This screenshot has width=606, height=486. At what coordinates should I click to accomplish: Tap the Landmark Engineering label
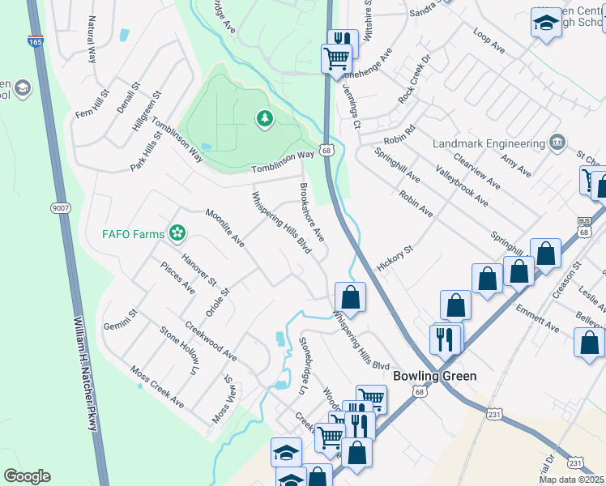click(489, 143)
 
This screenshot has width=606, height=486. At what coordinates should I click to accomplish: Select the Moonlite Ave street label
click(224, 228)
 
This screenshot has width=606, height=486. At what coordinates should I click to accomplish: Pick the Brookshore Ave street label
click(312, 212)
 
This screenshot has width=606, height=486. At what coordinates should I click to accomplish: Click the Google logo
click(27, 476)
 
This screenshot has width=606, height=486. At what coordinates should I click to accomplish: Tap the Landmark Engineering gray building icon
click(557, 143)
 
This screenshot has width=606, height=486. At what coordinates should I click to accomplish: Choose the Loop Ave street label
click(489, 43)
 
